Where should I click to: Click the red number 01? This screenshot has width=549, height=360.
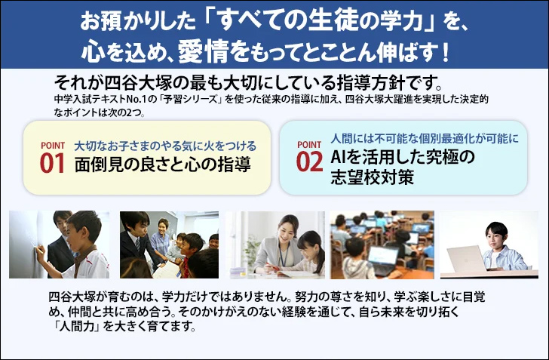click(x=53, y=163)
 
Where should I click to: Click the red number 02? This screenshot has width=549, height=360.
click(x=309, y=162)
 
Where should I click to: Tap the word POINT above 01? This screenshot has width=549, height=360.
click(x=53, y=145)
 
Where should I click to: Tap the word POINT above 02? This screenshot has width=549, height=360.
click(x=309, y=144)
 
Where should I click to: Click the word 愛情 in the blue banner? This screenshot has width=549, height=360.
click(x=203, y=51)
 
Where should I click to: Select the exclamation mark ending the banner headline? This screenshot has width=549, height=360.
click(x=445, y=52)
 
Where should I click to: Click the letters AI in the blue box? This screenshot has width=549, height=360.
click(x=338, y=157)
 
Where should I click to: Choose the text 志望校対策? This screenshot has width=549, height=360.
click(x=373, y=177)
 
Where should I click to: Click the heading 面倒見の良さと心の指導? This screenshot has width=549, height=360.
click(x=163, y=164)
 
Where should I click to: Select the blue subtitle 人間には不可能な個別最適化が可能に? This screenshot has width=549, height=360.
click(x=425, y=138)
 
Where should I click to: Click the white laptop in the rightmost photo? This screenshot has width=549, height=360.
click(x=466, y=259)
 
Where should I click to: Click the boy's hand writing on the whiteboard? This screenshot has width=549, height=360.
click(x=39, y=250)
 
